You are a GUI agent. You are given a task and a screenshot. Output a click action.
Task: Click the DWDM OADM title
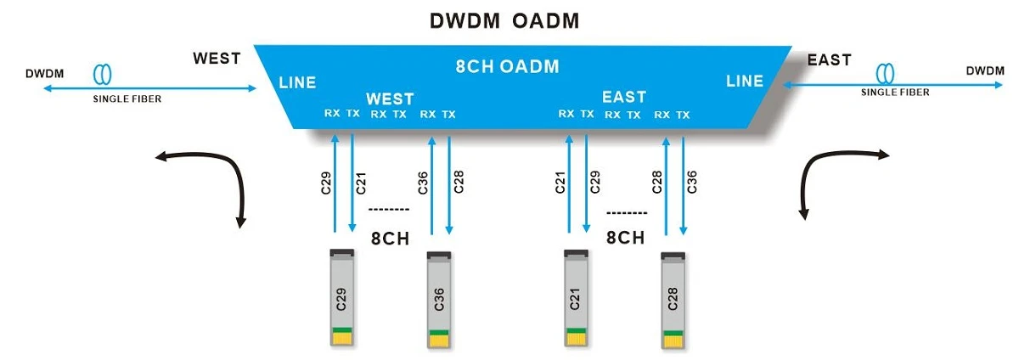tap(504, 21)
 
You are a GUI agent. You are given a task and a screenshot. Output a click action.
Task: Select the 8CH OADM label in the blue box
tap(507, 66)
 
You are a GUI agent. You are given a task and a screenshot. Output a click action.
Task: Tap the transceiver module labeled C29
tap(342, 298)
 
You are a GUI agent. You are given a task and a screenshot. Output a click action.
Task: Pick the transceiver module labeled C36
tap(439, 300)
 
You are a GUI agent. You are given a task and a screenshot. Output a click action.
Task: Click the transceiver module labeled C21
tap(576, 298)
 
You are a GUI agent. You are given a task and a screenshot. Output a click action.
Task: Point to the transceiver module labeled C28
tap(673, 301)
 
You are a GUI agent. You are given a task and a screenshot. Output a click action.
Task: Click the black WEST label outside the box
tap(217, 59)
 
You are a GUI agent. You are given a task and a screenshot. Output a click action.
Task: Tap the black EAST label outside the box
tap(830, 60)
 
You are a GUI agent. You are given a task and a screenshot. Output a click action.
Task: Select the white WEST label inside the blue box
tap(390, 98)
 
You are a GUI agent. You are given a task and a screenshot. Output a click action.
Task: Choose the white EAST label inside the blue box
tap(624, 97)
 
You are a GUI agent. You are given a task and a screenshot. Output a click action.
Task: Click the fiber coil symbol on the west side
tap(102, 74)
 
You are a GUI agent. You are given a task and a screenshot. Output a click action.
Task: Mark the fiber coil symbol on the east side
tap(885, 73)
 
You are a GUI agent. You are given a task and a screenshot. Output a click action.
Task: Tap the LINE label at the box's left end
tap(297, 83)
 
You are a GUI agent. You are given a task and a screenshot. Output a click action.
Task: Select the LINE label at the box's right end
tap(745, 81)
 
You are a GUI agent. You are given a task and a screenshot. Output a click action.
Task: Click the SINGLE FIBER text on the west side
tap(127, 98)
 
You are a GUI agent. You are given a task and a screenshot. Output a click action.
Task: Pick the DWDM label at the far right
tap(985, 71)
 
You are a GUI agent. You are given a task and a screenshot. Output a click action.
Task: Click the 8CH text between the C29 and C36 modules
tap(391, 239)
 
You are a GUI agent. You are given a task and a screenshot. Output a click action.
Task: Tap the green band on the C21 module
tap(577, 330)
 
